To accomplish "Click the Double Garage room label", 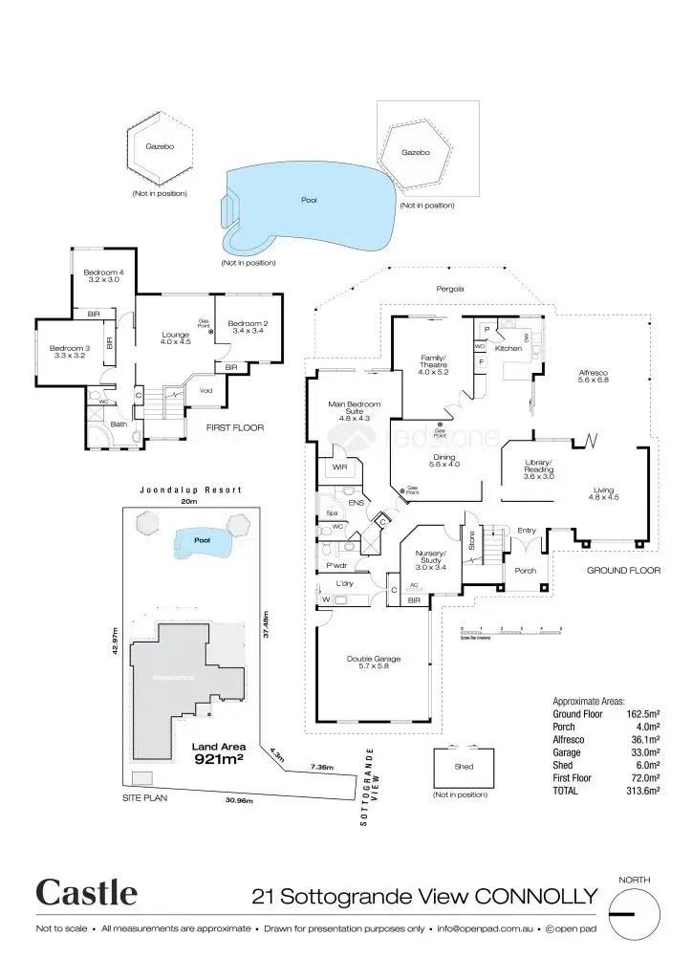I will pos(373,663).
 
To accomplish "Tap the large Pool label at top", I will pos(309,200).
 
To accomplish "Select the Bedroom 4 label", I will pos(105,276).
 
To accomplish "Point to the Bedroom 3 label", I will pos(69,351).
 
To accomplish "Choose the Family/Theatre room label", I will pos(435,363).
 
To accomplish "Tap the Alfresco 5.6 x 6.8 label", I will pos(594,376).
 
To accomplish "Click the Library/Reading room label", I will pos(539,471).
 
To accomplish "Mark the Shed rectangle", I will pos(465,767).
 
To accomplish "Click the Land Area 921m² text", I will pos(219,753).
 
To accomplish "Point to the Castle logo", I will pos(87,893).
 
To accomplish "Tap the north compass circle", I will pos(634,913).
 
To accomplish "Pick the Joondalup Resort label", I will pos(190,489).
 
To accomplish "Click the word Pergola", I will pos(450,288).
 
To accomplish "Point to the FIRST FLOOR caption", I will pos(235,427).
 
